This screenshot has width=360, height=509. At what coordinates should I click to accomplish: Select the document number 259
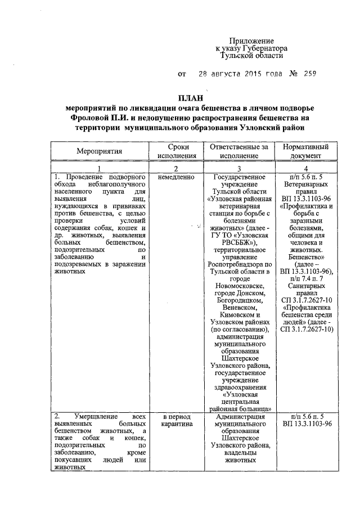[x=310, y=74]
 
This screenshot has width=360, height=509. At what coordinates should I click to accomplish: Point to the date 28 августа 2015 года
[x=239, y=74]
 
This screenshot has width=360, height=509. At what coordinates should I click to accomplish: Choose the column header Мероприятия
[x=99, y=152]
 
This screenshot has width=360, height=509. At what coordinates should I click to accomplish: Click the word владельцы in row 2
[x=239, y=453]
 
